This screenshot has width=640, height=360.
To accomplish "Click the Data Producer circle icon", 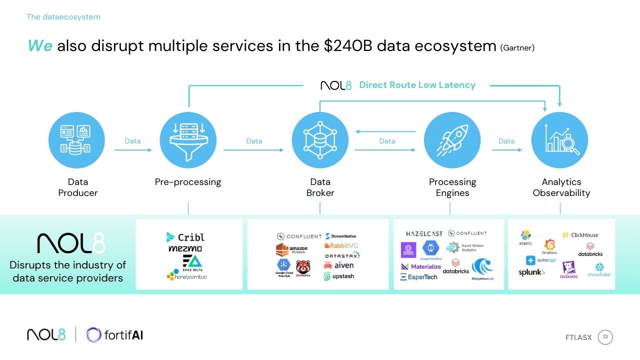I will pos(76,140).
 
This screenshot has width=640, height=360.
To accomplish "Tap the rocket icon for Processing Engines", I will pos(452,140).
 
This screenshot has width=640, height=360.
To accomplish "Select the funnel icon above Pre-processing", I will pos(188,140).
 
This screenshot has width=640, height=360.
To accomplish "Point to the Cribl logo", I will pos(184,237).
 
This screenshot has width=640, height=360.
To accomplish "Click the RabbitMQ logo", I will pos(341,245).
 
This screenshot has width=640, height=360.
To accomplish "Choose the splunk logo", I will pos(531,272).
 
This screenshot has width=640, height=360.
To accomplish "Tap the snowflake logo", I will pos(599,270).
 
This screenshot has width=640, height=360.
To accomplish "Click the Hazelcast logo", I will pos(424,233).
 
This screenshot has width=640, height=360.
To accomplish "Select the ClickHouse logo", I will pos(580,235).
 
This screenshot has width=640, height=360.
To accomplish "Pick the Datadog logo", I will pos(568,270).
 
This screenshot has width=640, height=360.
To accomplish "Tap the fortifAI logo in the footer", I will pos(115,335).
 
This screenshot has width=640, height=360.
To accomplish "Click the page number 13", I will pos(605,337).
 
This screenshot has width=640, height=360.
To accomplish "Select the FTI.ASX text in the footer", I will pos(578,337).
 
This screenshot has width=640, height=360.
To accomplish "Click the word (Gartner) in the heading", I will pos(517,48).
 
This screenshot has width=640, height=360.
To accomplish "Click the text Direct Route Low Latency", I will pos(417,85).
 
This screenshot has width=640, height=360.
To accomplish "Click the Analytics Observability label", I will pos(561,187).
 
